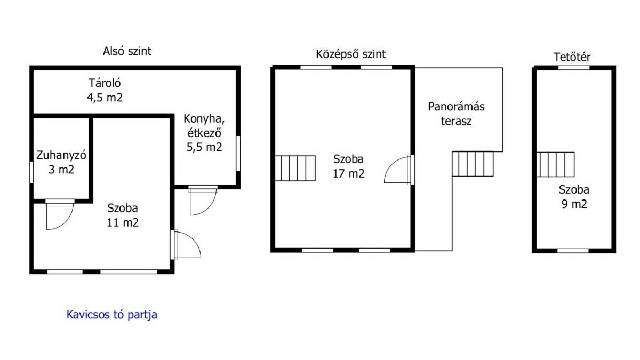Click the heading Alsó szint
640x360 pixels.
[127, 51]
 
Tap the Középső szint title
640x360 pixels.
[351, 54]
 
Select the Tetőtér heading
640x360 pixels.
[572, 57]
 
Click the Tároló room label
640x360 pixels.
[105, 83]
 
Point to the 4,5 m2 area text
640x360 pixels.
[105, 98]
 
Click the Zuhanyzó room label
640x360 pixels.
[61, 155]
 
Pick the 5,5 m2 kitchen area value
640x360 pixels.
[204, 147]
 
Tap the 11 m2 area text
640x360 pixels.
[123, 222]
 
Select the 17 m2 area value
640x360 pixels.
[349, 174]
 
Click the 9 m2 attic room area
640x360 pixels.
[574, 204]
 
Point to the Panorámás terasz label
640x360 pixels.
[457, 114]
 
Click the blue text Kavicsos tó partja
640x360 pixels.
[112, 315]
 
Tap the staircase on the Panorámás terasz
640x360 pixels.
[473, 164]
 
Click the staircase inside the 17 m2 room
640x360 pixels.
[295, 169]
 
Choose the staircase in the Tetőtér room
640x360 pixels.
[555, 165]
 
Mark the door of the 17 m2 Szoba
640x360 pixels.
[399, 170]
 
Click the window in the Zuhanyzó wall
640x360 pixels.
[31, 172]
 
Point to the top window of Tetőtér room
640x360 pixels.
[574, 68]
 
